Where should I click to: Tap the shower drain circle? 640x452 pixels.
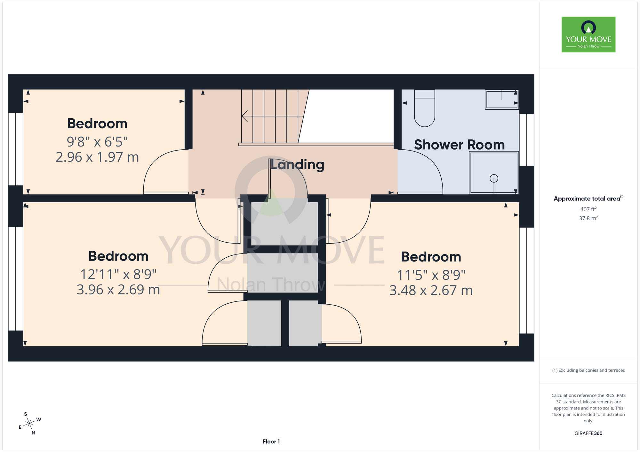494,178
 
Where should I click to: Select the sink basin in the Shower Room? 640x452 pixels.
501,99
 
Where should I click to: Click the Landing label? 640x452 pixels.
298,165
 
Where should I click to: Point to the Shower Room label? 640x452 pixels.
460,145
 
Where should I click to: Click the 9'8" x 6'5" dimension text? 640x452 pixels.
97,141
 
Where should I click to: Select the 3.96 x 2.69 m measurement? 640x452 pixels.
118,290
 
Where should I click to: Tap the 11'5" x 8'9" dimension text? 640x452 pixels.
431,275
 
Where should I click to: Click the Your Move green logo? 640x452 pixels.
588,35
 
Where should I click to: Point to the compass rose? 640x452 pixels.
29,423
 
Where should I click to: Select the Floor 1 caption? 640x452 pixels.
271,441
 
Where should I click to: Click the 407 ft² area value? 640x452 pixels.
588,209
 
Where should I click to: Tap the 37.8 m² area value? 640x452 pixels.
588,218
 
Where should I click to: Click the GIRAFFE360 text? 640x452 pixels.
588,433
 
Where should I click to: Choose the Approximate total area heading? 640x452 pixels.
588,199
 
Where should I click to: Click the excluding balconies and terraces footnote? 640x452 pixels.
588,370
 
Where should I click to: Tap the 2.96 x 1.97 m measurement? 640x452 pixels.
97,157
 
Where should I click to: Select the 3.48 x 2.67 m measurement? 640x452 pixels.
431,290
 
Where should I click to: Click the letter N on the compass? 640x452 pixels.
33,433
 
